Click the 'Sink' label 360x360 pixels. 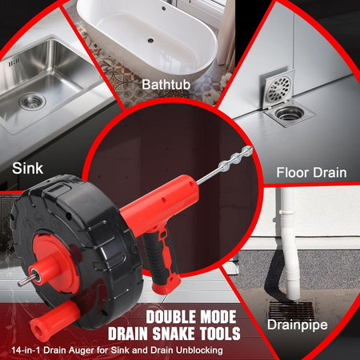coord(27,169)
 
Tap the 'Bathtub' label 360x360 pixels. coord(166,85)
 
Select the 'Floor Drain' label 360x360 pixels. coord(311,173)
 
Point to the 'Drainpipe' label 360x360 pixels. coord(298,325)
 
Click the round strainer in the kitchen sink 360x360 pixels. coord(32,102)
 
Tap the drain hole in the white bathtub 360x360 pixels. coord(150,41)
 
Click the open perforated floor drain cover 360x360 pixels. coord(278,88)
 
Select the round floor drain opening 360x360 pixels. coord(290,114)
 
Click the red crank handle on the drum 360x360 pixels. coord(54,317)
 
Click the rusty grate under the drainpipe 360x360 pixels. coord(290,310)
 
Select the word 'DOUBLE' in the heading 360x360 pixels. coord(170,317)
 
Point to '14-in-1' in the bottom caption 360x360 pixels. coord(26,350)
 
